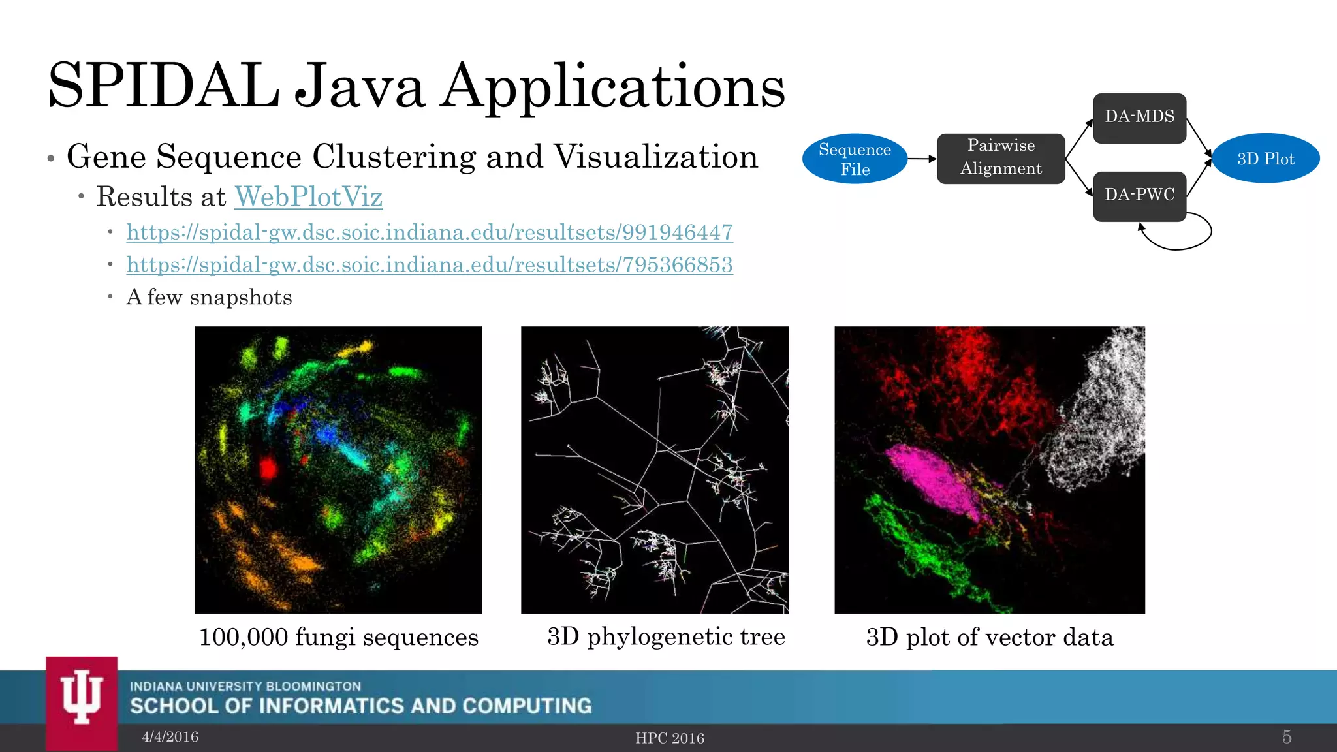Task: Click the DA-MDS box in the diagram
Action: (1139, 117)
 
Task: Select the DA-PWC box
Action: (1139, 196)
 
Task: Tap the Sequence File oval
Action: (855, 159)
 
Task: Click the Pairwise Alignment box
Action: (1001, 159)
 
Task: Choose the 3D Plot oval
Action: (1265, 159)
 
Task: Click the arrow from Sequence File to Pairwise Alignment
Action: (922, 159)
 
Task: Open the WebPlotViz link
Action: (308, 196)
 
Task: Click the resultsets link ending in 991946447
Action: (430, 232)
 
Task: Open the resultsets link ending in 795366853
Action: (430, 265)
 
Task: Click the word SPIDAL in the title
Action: (163, 86)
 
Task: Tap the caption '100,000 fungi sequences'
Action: (338, 637)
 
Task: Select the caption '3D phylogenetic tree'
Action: (666, 636)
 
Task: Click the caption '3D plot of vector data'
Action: (990, 637)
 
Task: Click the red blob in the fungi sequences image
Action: (268, 468)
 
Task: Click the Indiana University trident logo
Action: (82, 698)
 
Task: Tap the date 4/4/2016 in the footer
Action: (170, 737)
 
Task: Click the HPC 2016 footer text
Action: (670, 738)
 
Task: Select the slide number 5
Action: (1287, 737)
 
